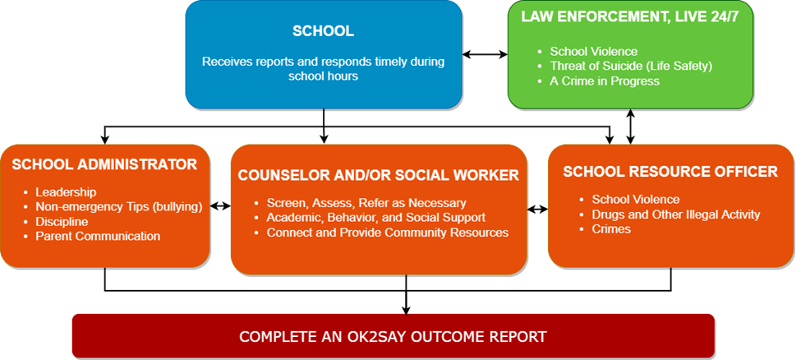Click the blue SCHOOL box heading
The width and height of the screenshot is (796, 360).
[x=323, y=32]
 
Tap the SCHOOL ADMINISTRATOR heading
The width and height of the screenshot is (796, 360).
[x=104, y=164]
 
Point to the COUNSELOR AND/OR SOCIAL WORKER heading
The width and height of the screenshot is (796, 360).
[x=378, y=175]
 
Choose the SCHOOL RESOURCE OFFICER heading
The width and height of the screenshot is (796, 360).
[x=670, y=172]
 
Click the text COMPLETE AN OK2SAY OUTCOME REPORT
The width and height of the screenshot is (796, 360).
[x=393, y=337]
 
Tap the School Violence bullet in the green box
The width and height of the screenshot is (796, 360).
[x=593, y=52]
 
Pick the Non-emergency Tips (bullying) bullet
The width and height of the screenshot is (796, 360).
[x=118, y=206]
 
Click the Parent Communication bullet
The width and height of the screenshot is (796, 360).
[x=98, y=236]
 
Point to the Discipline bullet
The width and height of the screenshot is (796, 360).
[x=62, y=221]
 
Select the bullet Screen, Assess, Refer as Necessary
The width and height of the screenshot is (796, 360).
[x=366, y=203]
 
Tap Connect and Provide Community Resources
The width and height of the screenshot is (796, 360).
[x=387, y=233]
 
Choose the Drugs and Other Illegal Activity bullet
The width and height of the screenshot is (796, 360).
[x=675, y=215]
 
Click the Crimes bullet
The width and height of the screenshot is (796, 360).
[x=611, y=229]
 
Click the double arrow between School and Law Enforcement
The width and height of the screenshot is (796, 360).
[x=485, y=55]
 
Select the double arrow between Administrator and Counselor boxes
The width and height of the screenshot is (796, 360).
[x=220, y=206]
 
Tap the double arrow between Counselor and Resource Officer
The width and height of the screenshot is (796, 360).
[x=537, y=210]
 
